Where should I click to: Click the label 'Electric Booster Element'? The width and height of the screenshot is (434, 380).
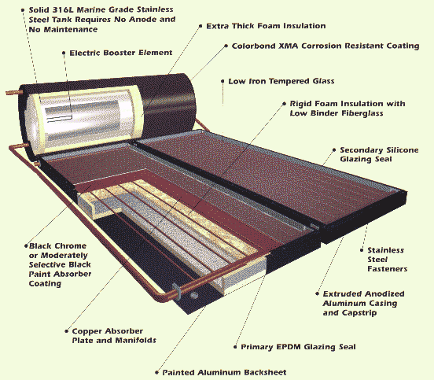tap(121, 53)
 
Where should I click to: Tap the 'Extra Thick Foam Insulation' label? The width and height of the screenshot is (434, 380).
tap(266, 26)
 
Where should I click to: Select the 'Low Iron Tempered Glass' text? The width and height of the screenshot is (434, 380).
tap(281, 81)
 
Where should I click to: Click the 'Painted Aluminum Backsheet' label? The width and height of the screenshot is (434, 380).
tap(224, 372)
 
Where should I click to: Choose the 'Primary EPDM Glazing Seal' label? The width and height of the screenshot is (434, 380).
tap(298, 347)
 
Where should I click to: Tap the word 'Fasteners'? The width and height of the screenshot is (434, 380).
tap(388, 268)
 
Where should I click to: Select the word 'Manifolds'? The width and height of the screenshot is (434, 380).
tap(135, 340)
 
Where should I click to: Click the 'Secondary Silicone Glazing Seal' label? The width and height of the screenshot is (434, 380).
tap(379, 154)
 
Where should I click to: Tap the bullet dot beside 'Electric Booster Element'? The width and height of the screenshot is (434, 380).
tap(64, 53)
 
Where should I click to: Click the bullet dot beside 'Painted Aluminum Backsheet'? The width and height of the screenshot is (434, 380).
tap(156, 372)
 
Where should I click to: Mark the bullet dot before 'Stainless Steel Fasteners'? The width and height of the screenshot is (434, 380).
tap(362, 250)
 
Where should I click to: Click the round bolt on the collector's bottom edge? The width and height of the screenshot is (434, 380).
tap(194, 295)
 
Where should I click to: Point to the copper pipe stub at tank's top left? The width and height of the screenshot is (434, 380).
tap(13, 92)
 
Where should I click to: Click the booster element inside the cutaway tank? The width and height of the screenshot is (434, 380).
tap(59, 119)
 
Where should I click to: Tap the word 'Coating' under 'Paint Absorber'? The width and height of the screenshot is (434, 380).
tap(45, 283)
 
